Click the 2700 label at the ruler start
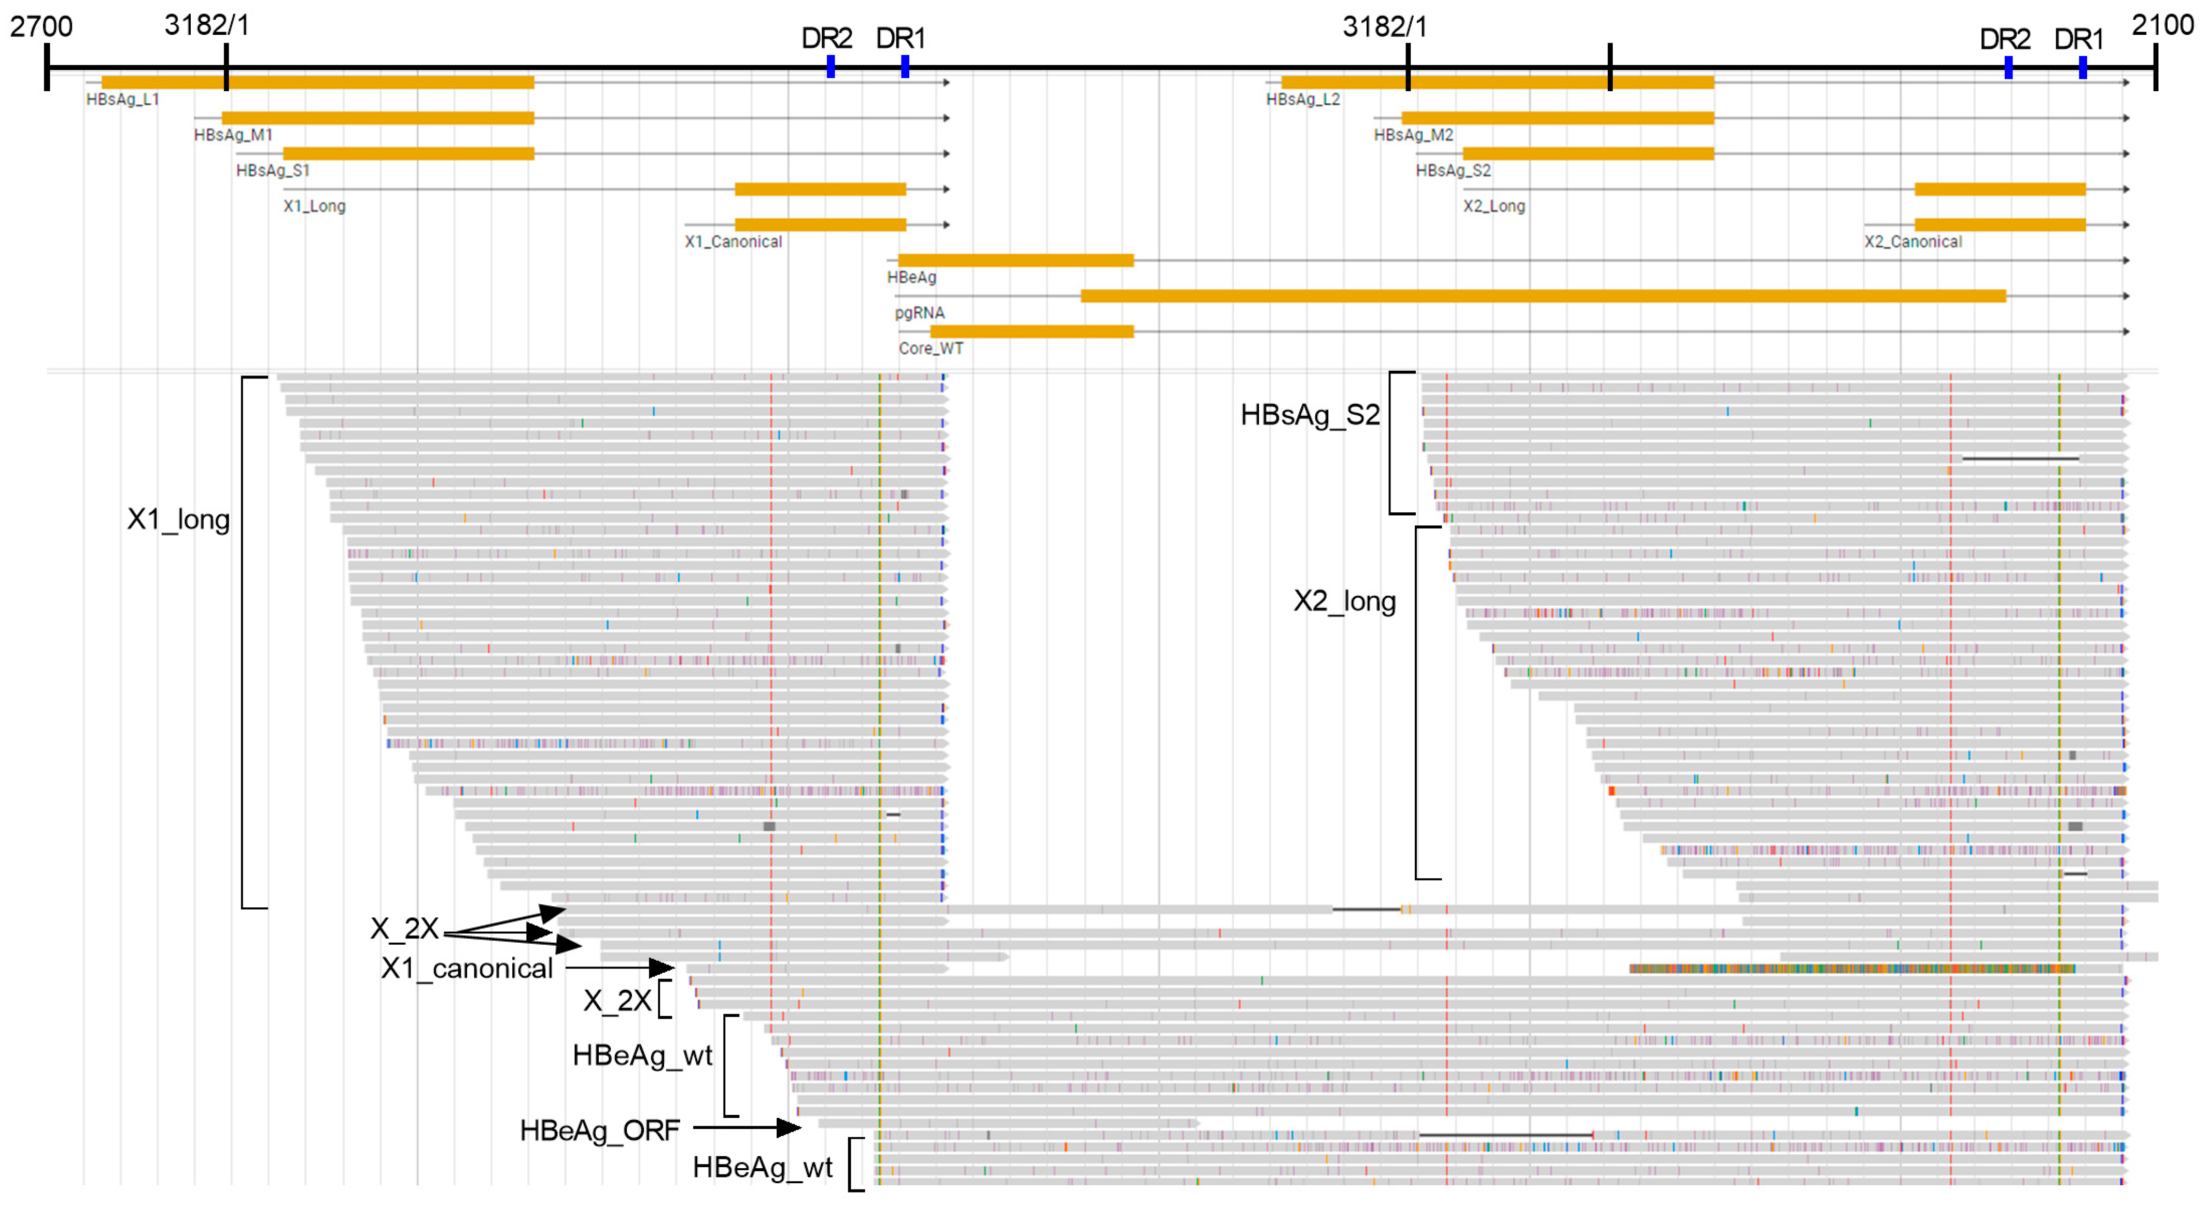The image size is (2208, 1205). (41, 26)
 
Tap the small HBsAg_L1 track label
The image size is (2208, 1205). (122, 100)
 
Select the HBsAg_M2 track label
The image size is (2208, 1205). (1413, 135)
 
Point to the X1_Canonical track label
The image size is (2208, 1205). (733, 242)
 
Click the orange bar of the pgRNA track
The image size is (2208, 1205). (1543, 296)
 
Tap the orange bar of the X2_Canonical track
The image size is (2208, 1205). (1999, 225)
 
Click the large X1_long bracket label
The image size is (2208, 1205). (178, 520)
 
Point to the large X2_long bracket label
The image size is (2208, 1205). (1344, 601)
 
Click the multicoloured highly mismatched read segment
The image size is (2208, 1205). (1851, 969)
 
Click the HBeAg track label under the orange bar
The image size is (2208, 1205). (911, 278)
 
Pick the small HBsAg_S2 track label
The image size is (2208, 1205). (1453, 171)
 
